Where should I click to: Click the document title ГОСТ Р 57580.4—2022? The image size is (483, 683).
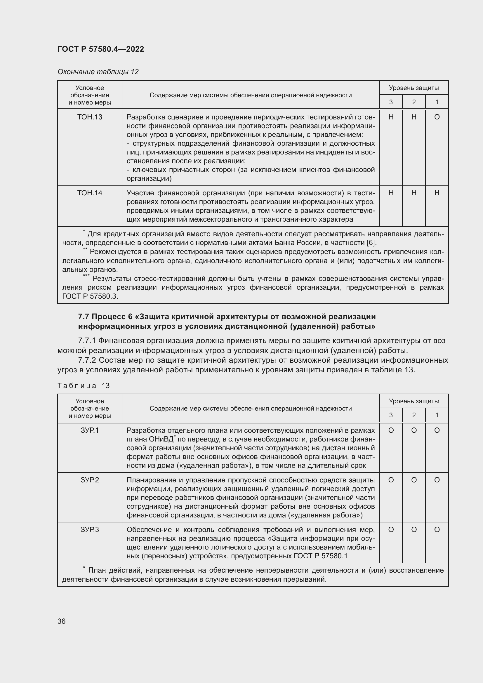tap(100, 49)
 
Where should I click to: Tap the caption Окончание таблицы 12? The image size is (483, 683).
tap(98, 72)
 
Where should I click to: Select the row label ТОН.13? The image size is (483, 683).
tap(90, 117)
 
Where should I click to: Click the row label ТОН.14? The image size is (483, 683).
tap(90, 193)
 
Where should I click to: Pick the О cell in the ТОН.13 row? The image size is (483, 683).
tap(437, 117)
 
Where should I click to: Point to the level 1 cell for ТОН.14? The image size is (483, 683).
tap(437, 193)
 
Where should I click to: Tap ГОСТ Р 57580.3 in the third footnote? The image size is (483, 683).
tap(90, 296)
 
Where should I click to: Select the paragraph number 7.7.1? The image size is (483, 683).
tap(87, 340)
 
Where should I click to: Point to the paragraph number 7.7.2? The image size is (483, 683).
tap(87, 360)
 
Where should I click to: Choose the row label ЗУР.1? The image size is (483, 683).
tap(90, 430)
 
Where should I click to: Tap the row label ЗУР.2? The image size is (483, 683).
tap(90, 480)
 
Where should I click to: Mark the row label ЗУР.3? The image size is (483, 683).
tap(90, 530)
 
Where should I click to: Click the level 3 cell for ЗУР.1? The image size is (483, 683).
tap(391, 430)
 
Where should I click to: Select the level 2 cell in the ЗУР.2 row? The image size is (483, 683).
tap(414, 480)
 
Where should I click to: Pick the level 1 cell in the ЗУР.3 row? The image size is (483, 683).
tap(437, 530)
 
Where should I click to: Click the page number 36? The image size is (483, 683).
tap(62, 621)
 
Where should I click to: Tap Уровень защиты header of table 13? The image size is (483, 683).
tap(414, 401)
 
